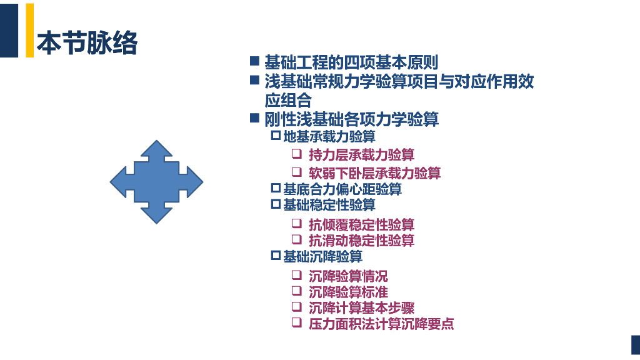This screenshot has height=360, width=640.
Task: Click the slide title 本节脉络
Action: (x=87, y=43)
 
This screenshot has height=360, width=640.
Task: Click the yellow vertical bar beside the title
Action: (x=29, y=30)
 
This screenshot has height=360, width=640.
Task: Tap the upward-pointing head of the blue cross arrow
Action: (x=156, y=151)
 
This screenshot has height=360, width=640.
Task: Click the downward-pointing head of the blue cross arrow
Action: (x=156, y=212)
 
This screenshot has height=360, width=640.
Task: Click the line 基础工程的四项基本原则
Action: (x=351, y=62)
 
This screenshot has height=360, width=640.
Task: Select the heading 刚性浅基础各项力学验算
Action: (x=351, y=119)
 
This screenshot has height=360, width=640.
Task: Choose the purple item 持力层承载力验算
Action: (x=361, y=154)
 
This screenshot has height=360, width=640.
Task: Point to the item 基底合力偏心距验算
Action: (x=342, y=189)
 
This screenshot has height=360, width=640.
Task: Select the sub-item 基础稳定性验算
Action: (x=329, y=204)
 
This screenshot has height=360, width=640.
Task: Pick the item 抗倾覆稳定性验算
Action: (x=361, y=224)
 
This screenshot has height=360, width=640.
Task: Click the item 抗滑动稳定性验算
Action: (x=361, y=240)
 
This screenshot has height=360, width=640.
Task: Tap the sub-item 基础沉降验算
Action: (x=322, y=256)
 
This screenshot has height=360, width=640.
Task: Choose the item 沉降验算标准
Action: (x=348, y=292)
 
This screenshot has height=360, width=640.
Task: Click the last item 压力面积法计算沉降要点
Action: (x=381, y=324)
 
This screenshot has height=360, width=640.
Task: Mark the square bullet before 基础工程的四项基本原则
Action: (x=254, y=61)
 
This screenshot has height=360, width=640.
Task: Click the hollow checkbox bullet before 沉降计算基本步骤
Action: (x=297, y=306)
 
